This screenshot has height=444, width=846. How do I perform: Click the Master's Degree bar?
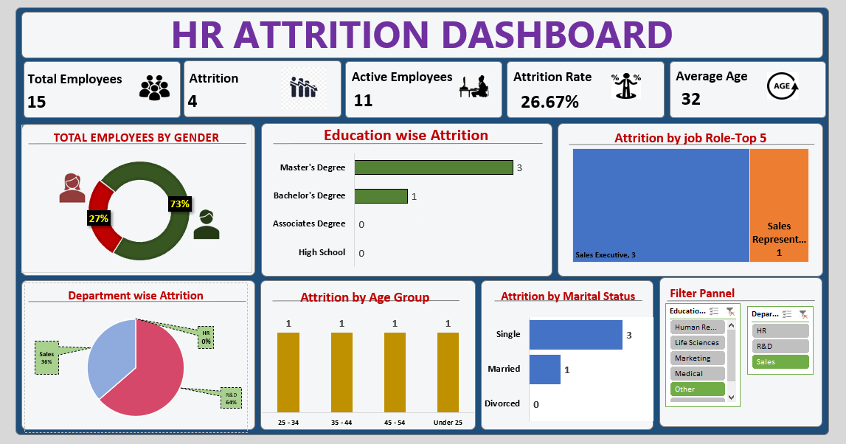click(x=433, y=167)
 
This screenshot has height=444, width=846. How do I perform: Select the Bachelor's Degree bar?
click(x=381, y=196)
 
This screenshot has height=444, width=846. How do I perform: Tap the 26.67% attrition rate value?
click(x=549, y=102)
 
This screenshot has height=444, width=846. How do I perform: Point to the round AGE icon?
click(x=782, y=86)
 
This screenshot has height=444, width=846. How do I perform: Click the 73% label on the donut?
click(x=179, y=204)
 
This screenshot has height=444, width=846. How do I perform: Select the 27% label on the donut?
click(x=98, y=218)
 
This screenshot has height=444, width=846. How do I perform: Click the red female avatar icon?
click(x=72, y=188)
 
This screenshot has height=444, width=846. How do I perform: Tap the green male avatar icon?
click(x=207, y=225)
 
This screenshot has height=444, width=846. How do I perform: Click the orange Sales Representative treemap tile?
click(x=779, y=205)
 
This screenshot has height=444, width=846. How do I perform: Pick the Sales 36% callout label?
click(x=46, y=357)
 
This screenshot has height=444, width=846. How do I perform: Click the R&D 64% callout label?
click(x=231, y=399)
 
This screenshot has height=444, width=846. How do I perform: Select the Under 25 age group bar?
click(x=448, y=372)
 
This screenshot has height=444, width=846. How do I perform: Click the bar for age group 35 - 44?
click(x=341, y=372)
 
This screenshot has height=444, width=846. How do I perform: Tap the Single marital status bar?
click(x=576, y=335)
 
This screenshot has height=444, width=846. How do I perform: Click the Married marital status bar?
click(x=545, y=370)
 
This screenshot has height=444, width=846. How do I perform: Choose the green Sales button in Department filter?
click(x=780, y=362)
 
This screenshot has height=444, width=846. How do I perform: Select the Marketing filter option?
click(x=697, y=358)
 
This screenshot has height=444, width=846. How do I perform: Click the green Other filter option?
click(x=697, y=389)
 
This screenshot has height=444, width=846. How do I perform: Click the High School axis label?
click(x=322, y=252)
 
